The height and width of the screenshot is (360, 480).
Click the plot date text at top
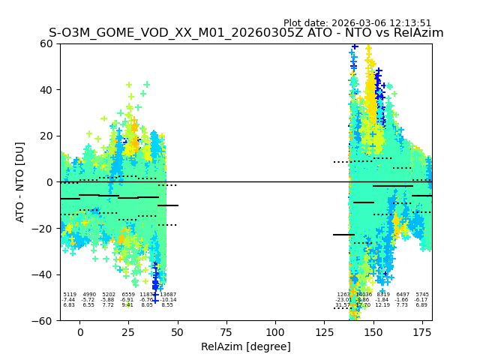tap(357, 23)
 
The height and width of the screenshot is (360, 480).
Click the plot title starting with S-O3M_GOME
tap(246, 33)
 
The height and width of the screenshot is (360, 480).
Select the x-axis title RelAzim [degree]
tap(246, 346)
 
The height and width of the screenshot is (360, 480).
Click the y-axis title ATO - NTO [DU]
tap(20, 182)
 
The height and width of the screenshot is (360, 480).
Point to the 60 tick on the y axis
tap(47, 43)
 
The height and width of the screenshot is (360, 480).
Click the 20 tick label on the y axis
tap(47, 136)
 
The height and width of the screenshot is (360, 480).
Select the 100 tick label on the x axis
tap(275, 331)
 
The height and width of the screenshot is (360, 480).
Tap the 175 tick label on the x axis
tap(421, 331)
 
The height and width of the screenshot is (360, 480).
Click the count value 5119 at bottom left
tap(70, 295)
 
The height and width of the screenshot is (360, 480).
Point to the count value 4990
tap(89, 295)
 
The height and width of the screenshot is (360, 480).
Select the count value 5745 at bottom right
tap(422, 295)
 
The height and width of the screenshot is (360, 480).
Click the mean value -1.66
tap(403, 300)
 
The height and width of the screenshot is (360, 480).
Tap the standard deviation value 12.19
tap(382, 305)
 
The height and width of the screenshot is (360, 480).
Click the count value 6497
tap(403, 295)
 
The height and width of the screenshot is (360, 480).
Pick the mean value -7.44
tap(69, 300)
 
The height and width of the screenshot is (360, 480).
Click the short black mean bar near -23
tap(343, 235)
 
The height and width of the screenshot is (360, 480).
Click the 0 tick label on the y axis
tap(50, 182)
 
